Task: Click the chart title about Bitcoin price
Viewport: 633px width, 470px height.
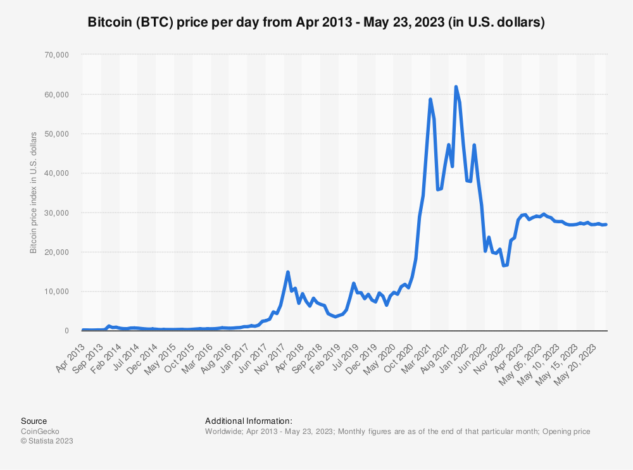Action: [316, 22]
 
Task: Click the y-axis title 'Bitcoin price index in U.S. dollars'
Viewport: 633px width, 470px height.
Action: [33, 192]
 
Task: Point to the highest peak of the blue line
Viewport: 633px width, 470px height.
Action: [456, 87]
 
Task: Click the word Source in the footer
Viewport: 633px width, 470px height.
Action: [34, 421]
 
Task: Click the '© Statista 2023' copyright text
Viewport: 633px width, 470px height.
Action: [47, 441]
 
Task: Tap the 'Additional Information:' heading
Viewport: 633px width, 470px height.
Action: [249, 421]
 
